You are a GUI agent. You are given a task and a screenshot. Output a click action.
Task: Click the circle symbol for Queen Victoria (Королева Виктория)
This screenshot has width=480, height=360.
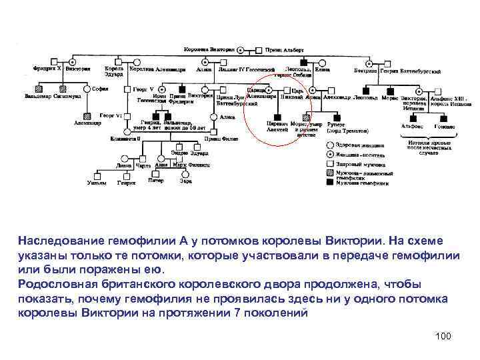click(241, 49)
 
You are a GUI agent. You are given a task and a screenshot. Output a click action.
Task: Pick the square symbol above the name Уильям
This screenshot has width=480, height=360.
click(97, 176)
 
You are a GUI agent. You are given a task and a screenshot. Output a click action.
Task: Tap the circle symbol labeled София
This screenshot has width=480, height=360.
click(86, 89)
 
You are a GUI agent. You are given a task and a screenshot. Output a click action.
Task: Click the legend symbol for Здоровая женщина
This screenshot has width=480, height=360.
click(330, 145)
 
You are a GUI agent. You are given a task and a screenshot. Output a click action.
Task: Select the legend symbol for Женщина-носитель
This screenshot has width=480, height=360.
click(330, 154)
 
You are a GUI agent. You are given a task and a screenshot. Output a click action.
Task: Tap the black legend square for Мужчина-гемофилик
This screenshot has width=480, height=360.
click(330, 182)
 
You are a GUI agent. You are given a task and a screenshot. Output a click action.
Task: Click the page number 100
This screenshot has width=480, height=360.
click(443, 335)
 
